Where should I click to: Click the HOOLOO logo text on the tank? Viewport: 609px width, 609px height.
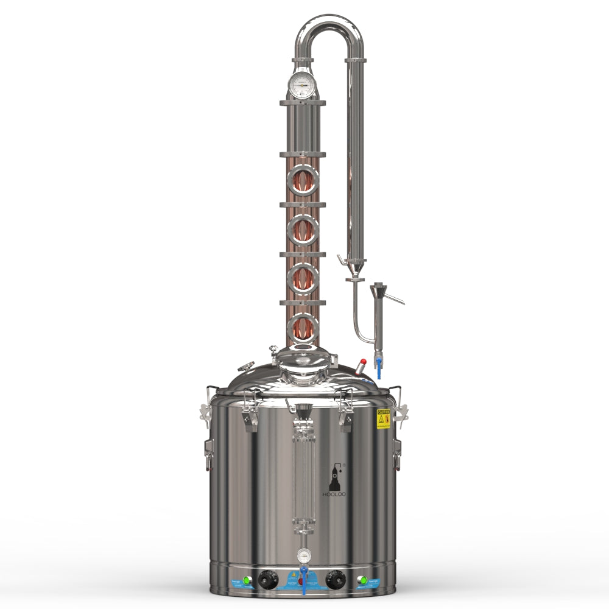coord(333,494)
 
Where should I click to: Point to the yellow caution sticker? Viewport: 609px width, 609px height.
coord(383,419)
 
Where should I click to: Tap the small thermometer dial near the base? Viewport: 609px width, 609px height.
coord(303,555)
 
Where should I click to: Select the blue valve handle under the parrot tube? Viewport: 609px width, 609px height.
coord(379,366)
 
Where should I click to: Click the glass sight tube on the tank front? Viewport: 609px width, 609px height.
coord(303,475)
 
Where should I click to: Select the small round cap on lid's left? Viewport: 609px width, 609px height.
coord(245,367)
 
